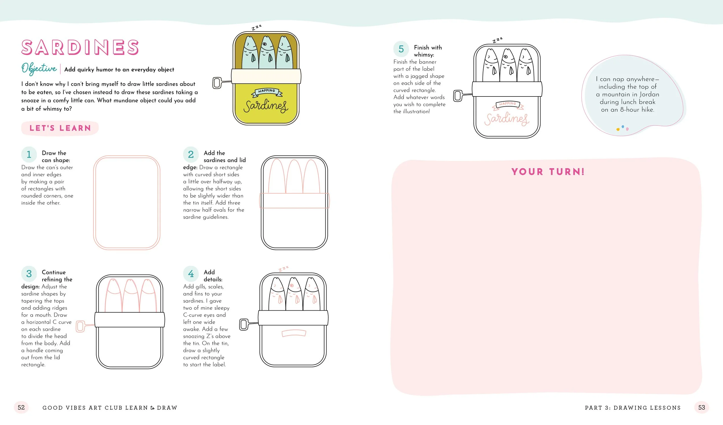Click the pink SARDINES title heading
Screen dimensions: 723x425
(80, 47)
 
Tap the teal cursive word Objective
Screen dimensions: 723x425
(39, 69)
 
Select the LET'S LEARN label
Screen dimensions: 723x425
(60, 128)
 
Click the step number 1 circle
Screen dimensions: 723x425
(29, 154)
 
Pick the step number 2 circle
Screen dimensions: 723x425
(191, 154)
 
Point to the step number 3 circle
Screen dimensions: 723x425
(29, 274)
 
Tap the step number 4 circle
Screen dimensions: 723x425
(191, 274)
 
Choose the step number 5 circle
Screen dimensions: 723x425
(401, 49)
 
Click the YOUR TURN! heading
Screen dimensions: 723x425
(548, 172)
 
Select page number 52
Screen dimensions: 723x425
(21, 407)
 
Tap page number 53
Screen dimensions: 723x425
(702, 407)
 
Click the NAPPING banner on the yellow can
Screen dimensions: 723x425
(267, 92)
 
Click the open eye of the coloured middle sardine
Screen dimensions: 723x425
(265, 44)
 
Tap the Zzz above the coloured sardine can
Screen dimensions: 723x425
(257, 27)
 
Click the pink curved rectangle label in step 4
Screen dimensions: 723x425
(294, 333)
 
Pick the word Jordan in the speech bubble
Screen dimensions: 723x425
(649, 94)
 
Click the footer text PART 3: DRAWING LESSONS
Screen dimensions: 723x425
(633, 408)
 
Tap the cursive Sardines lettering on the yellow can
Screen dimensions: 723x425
(266, 106)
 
